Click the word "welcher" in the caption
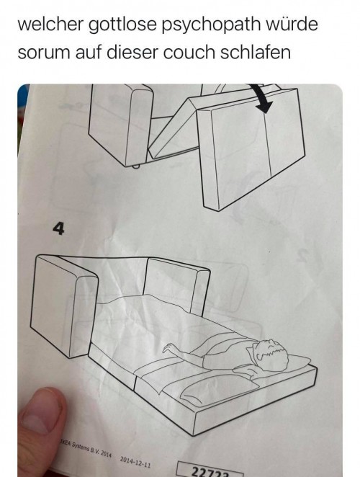point(50,24)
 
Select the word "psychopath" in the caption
point(211,25)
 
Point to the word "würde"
point(292,24)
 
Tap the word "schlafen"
point(255,53)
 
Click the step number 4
point(58,228)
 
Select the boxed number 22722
point(210,472)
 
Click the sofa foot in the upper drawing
point(136,166)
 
